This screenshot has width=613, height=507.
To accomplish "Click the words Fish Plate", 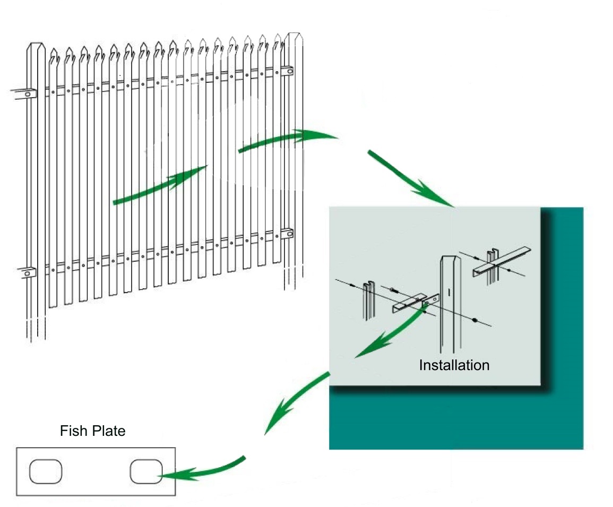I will [92, 431].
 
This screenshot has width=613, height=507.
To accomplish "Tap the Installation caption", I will [454, 365].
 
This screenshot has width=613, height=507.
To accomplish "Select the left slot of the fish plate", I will [46, 471].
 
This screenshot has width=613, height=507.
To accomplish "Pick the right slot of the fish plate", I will [146, 471].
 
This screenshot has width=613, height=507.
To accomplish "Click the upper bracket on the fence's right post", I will [287, 71].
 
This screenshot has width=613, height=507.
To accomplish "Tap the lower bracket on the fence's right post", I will [287, 233].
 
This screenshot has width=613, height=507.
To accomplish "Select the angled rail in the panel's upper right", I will [502, 260].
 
